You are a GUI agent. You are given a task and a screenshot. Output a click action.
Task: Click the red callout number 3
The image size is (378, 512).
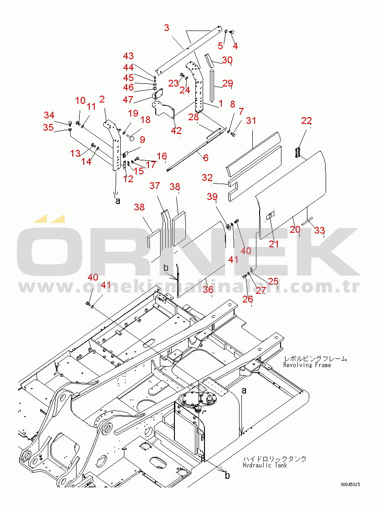pos(167,28)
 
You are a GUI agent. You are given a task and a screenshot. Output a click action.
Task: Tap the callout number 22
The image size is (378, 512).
pos(306,121)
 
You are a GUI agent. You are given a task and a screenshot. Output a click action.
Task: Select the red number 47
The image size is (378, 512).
pos(128,99)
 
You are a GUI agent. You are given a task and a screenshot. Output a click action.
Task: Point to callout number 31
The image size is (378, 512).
pos(251,121)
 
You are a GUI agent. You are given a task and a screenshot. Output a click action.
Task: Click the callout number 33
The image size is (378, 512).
pos(320,230)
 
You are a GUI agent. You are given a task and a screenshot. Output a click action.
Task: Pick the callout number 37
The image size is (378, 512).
pos(155,186)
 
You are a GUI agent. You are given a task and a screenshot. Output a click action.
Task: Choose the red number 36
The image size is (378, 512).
pos(208,289)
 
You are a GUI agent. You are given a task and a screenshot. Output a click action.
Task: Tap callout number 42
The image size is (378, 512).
pos(176,131)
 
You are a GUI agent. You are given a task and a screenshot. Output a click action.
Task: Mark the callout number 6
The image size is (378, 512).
pos(206,158)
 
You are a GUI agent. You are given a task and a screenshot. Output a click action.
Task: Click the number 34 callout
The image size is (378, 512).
pos(49,115)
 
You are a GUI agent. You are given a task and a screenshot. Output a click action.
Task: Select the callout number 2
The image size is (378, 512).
pos(102,99)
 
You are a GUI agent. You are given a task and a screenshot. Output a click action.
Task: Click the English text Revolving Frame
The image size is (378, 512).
pos(307,365)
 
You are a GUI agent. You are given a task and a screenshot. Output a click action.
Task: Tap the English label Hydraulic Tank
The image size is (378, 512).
pos(265,465)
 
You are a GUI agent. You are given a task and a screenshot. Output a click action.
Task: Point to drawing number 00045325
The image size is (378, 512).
pos(350,485)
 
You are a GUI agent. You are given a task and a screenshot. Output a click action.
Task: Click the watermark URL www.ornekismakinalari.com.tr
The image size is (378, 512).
pos(189,287)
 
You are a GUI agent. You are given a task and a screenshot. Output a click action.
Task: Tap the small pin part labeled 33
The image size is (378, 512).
pos(307,221)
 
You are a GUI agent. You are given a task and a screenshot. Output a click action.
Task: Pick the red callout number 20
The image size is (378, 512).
pos(295,229)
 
